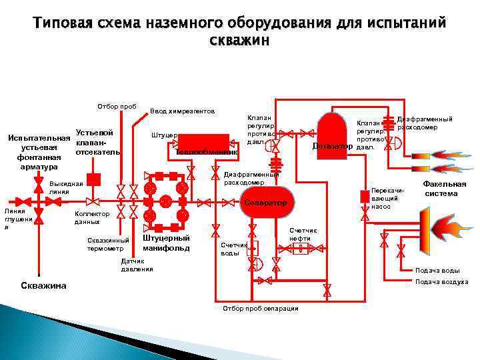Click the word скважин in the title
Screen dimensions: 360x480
click(x=240, y=40)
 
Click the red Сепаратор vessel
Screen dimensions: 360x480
click(x=265, y=202)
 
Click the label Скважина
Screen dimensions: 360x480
click(x=42, y=285)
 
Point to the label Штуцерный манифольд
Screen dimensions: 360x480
click(x=166, y=243)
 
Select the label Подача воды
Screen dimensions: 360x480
click(x=437, y=270)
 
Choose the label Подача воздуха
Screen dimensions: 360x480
click(x=441, y=282)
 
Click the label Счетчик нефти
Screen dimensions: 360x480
click(x=303, y=234)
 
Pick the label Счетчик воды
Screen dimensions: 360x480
click(x=231, y=249)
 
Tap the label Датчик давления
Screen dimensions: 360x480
click(x=137, y=265)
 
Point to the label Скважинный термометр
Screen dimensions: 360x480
click(x=107, y=245)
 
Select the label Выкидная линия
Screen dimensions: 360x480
click(x=65, y=187)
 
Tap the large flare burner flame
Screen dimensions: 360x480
click(x=440, y=224)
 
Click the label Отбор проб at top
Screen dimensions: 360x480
click(x=117, y=106)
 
